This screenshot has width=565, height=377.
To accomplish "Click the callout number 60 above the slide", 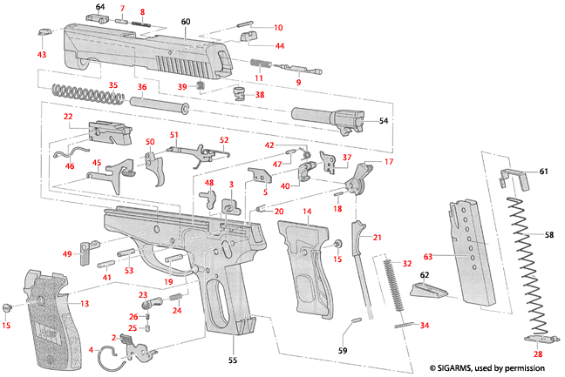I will (185, 20).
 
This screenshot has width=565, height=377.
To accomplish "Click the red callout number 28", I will (538, 354).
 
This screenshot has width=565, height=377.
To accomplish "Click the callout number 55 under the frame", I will (232, 359).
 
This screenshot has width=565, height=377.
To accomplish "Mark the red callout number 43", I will (41, 54).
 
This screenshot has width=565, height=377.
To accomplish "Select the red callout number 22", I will (67, 117).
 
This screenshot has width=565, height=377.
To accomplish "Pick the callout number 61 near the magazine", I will (545, 172).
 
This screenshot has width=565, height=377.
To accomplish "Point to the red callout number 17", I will (389, 162).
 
